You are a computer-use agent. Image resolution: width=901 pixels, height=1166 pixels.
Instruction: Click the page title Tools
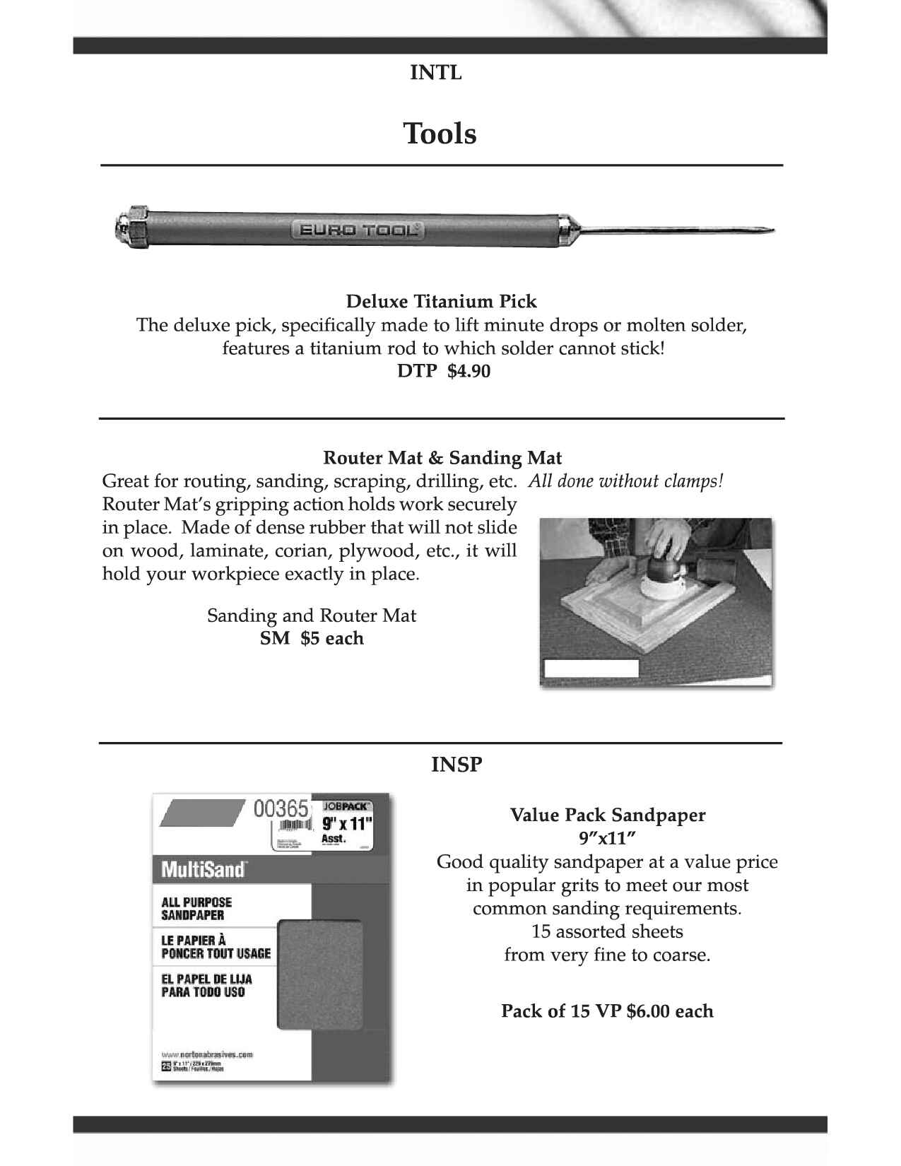click(x=440, y=133)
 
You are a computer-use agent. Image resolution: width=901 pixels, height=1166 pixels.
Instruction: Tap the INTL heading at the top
click(x=436, y=72)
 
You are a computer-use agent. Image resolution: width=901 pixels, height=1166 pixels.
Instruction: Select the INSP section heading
click(x=457, y=765)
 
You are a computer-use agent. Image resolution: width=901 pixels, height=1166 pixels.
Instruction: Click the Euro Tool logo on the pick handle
click(x=358, y=229)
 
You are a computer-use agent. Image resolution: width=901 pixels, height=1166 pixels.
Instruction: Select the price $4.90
click(x=469, y=371)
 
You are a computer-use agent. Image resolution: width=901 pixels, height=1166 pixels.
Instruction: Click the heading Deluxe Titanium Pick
click(x=441, y=302)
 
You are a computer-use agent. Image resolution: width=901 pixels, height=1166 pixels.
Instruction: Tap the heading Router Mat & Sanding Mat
click(x=442, y=457)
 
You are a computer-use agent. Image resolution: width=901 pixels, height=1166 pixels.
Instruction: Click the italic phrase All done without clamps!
click(x=626, y=481)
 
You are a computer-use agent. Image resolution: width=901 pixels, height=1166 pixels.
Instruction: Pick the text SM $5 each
click(x=312, y=638)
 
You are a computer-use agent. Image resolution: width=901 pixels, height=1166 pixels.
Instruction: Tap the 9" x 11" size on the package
click(x=347, y=823)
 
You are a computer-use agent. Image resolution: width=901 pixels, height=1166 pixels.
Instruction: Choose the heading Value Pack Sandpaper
click(x=608, y=815)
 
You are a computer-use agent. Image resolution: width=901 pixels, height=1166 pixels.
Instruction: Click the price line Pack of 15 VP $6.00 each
click(x=607, y=1011)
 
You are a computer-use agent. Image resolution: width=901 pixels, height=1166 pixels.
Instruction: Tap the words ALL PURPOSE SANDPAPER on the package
click(x=196, y=908)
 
